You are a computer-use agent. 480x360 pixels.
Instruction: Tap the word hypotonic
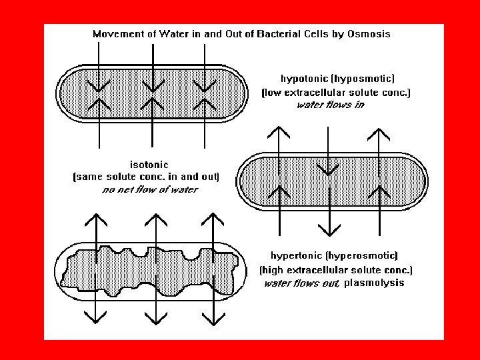click(307, 78)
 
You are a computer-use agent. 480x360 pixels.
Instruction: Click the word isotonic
click(148, 164)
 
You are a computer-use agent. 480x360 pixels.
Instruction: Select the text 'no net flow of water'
click(150, 190)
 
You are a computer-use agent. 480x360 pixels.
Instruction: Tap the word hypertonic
click(297, 255)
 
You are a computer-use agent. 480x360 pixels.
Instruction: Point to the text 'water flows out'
click(303, 284)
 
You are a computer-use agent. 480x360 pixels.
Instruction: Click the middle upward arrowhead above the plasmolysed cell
click(155, 219)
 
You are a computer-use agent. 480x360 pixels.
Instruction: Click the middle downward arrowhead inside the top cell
click(153, 86)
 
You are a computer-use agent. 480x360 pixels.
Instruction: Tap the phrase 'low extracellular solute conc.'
click(336, 93)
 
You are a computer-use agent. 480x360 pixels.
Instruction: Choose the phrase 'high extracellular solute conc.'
click(336, 270)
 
